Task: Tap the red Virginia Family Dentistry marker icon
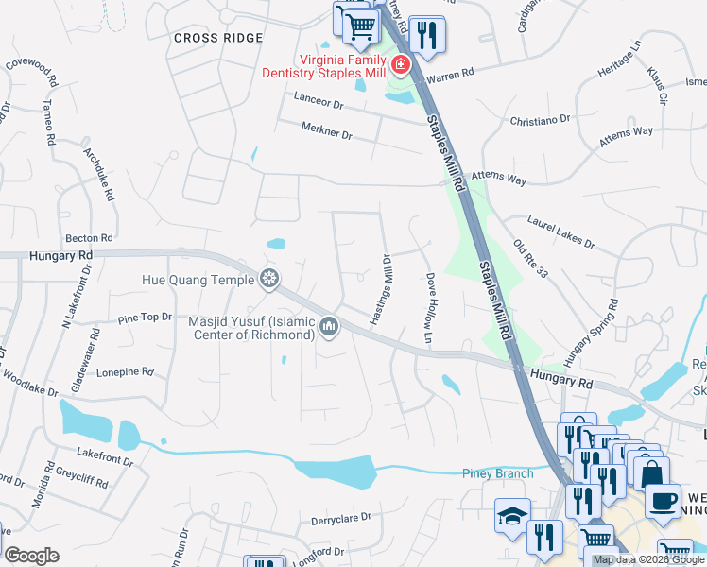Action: coord(401,66)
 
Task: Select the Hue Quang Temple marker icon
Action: coord(269,279)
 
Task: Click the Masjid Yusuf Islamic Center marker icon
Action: coord(329,327)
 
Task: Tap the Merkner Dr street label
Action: coord(326,131)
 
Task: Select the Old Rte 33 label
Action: coord(530,258)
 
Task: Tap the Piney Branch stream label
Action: coord(498,473)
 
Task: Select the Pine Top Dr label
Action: coord(146,318)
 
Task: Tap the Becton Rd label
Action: coord(89,238)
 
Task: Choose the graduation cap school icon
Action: coord(512,515)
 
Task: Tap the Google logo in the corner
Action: coord(31,555)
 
